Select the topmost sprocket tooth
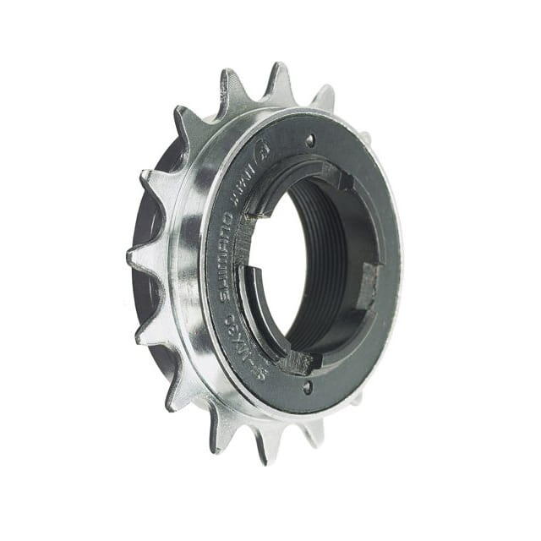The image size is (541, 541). pos(278,78)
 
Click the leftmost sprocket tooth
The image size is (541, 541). pos(135,254)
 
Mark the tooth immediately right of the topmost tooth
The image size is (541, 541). pos(324,97)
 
